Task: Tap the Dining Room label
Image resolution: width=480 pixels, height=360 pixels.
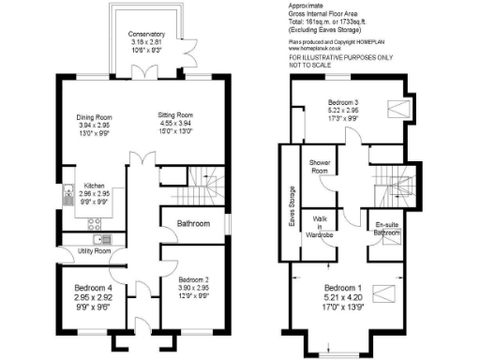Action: click(x=94, y=116)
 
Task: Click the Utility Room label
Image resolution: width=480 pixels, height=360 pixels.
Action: click(x=94, y=251)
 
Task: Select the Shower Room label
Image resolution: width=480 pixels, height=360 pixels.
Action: click(x=323, y=167)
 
